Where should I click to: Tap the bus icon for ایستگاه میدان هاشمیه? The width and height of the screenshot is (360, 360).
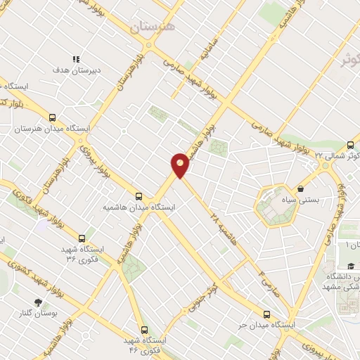point(139,196)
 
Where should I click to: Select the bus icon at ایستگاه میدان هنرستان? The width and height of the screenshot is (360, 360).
point(52,118)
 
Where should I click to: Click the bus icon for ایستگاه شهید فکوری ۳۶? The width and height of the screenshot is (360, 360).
point(82,238)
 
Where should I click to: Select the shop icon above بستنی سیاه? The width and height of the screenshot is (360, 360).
point(301,188)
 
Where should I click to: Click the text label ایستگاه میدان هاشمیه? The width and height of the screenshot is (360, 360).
point(139,208)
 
